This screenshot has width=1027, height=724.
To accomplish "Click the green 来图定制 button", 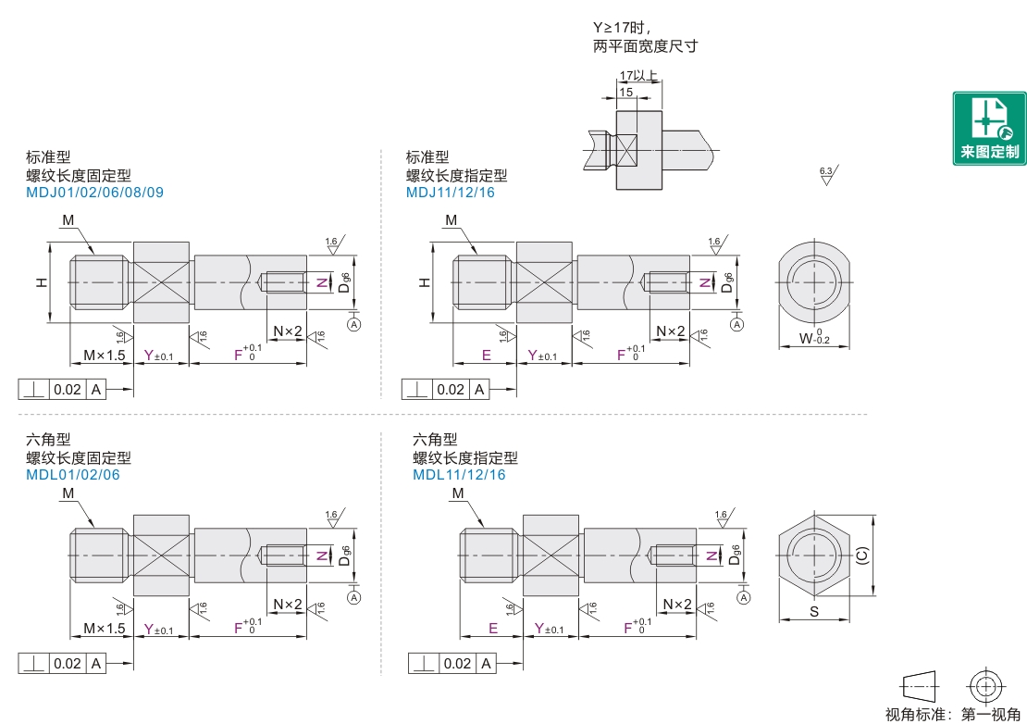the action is (989, 129).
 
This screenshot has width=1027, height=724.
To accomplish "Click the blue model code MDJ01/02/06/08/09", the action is (95, 193).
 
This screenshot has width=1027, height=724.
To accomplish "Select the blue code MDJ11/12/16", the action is (451, 193).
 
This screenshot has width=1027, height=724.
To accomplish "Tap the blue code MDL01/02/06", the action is (73, 475).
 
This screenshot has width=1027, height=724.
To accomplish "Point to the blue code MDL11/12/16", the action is (459, 475).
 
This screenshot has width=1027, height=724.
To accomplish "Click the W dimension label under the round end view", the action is (814, 337).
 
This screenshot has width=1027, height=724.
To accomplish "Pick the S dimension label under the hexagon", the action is (814, 611).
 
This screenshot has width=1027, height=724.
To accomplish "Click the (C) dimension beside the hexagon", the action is (862, 555).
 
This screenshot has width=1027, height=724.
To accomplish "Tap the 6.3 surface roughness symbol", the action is (828, 175).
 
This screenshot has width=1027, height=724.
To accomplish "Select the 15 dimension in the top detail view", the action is (626, 93).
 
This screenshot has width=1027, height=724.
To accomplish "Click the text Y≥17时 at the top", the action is (622, 28).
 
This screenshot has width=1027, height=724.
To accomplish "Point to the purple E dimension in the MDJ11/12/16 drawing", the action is (486, 356).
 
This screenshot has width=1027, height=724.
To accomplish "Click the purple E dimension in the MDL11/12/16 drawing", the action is (493, 629).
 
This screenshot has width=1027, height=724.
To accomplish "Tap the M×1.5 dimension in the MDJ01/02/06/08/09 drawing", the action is (105, 356).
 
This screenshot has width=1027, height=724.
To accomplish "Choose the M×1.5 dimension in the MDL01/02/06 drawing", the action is (105, 629).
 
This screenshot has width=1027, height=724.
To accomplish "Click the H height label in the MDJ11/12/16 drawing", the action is (425, 282).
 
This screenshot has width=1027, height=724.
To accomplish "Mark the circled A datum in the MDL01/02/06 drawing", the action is (354, 597).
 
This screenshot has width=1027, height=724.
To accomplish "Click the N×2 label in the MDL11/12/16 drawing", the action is (677, 604).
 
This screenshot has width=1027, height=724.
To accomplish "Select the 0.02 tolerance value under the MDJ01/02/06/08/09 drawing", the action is (68, 390).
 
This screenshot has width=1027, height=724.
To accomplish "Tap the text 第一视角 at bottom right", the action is (991, 714).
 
